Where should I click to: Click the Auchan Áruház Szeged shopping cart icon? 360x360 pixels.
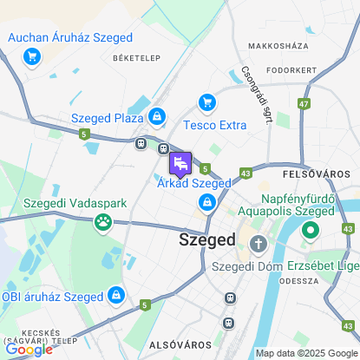point(32,57)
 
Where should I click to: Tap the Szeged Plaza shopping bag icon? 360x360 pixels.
point(156,115)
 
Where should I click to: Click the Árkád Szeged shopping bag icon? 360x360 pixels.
point(207,203)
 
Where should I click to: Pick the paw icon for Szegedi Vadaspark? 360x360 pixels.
point(103,222)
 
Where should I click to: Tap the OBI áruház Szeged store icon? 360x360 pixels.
point(115,297)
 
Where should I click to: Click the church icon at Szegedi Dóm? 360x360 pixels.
point(257,245)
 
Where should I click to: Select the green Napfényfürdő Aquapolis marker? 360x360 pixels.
point(311,232)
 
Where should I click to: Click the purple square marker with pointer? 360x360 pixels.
point(180,162)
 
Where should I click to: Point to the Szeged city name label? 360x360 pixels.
point(207,239)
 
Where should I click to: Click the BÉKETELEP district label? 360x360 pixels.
point(133,57)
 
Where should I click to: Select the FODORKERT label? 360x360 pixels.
point(291,69)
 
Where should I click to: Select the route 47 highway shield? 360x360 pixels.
point(304,104)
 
